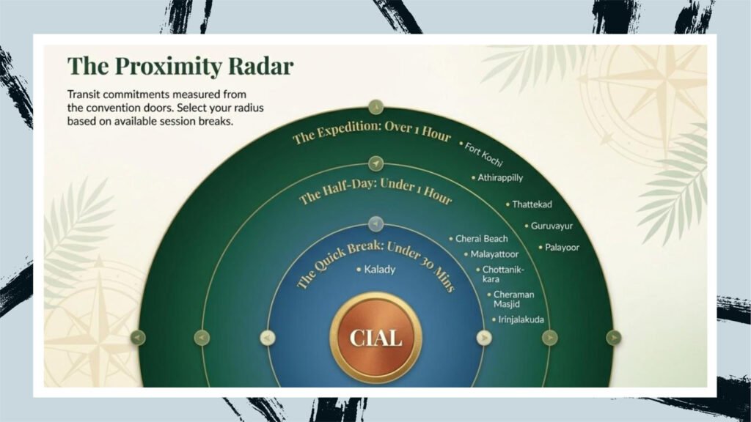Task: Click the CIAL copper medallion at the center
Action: (376, 338)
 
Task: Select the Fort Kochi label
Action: (481, 154)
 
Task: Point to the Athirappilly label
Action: (497, 178)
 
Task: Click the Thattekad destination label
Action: (529, 204)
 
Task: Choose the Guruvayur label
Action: (549, 226)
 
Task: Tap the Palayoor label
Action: (559, 248)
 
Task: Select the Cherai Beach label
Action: (478, 238)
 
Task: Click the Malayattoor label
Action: (491, 254)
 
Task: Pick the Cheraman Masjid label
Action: (510, 299)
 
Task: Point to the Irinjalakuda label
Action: (518, 319)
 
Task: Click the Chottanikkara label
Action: (500, 274)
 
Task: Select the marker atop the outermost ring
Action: (375, 107)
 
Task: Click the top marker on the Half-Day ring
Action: (376, 163)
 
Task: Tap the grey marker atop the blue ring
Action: (376, 223)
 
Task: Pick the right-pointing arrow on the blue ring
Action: (484, 338)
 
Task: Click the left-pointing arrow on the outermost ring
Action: (138, 338)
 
